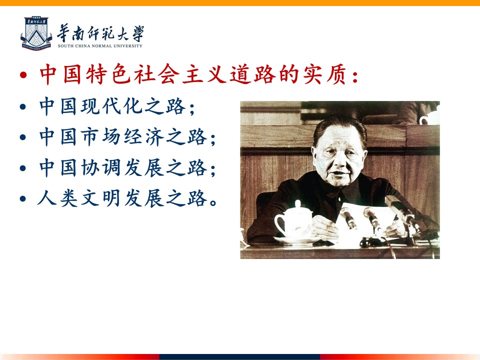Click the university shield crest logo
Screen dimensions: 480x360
pyautogui.click(x=36, y=33)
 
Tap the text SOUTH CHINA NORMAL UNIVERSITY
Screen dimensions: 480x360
pyautogui.click(x=100, y=46)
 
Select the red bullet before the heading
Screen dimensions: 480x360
pyautogui.click(x=23, y=75)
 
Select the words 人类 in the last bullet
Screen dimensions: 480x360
pyautogui.click(x=57, y=198)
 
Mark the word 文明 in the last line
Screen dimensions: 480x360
pyautogui.click(x=100, y=198)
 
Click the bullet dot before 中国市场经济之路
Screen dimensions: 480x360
pyautogui.click(x=23, y=137)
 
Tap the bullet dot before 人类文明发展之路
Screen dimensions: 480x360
pyautogui.click(x=23, y=198)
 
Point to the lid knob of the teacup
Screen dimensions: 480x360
pyautogui.click(x=298, y=203)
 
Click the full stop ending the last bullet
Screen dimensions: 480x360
pyautogui.click(x=213, y=202)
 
